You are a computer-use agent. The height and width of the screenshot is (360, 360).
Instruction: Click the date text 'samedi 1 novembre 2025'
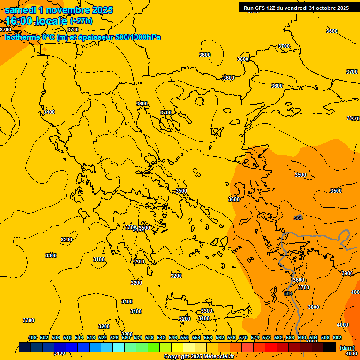click(x=59, y=10)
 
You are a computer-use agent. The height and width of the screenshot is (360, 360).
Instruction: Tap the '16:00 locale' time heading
click(x=36, y=21)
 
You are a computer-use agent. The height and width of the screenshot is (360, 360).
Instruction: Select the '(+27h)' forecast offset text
click(x=81, y=21)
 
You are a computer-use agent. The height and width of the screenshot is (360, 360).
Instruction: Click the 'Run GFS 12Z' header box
click(x=296, y=7)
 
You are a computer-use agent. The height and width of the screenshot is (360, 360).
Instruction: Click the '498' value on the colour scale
click(x=32, y=337)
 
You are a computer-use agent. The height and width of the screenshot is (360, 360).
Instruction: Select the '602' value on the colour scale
click(x=337, y=337)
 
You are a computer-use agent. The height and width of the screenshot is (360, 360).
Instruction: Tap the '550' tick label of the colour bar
click(x=185, y=337)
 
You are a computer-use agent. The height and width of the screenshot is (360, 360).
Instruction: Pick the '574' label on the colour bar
click(x=255, y=337)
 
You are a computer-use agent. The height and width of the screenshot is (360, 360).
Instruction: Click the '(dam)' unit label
click(x=346, y=347)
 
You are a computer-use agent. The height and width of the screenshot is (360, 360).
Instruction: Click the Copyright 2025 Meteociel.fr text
click(x=199, y=356)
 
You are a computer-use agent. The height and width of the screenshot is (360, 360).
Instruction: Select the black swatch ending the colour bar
click(x=330, y=347)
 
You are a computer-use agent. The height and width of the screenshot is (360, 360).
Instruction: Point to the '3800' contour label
click(x=314, y=307)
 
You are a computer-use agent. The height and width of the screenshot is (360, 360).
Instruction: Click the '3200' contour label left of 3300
click(x=67, y=240)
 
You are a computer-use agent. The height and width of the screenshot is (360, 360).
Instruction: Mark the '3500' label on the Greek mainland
click(x=181, y=191)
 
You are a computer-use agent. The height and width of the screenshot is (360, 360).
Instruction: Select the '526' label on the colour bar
click(x=114, y=337)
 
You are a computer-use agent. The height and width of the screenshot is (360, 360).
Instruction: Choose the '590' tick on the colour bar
click(x=302, y=337)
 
